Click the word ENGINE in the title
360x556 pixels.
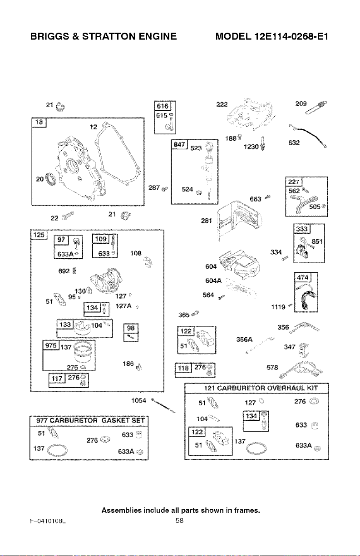[x=158, y=36]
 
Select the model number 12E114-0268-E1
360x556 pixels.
[x=291, y=36]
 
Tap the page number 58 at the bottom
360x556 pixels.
[x=179, y=520]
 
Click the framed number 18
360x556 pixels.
[x=39, y=122]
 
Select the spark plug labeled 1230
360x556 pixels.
[x=263, y=143]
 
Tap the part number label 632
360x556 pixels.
[x=294, y=143]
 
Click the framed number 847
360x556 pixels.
[x=179, y=144]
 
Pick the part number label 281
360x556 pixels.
[x=206, y=221]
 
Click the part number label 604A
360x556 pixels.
[x=213, y=280]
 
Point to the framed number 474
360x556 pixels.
[x=303, y=277]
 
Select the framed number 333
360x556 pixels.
[x=302, y=229]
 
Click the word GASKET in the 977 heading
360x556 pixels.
[x=115, y=420]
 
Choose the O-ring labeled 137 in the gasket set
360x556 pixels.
[x=57, y=450]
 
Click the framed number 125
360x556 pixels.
[x=39, y=235]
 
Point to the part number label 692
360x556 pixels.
[x=64, y=271]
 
